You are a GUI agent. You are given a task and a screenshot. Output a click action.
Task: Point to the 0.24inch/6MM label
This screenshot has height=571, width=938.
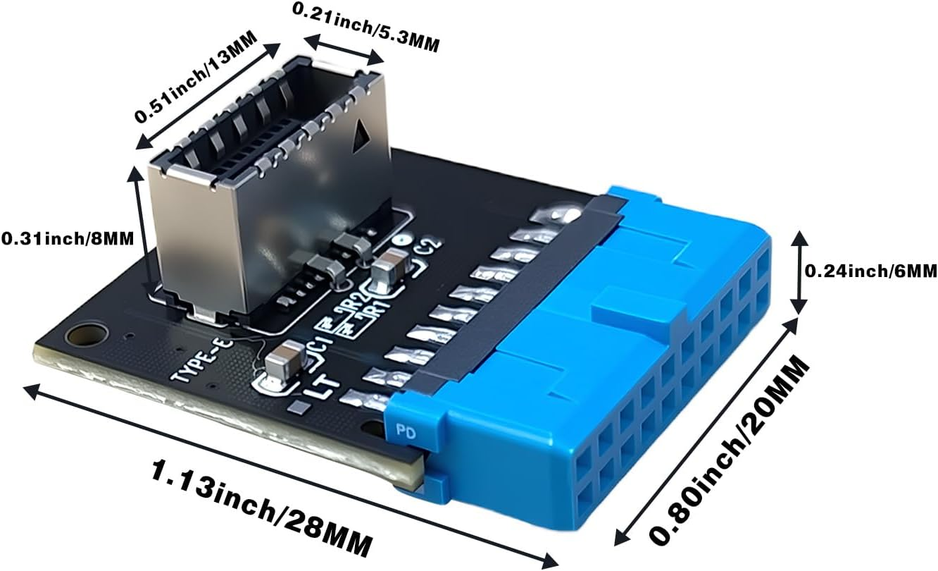[x=870, y=270]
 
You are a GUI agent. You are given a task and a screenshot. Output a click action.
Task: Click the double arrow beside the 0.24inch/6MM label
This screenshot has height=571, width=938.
[x=799, y=271]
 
